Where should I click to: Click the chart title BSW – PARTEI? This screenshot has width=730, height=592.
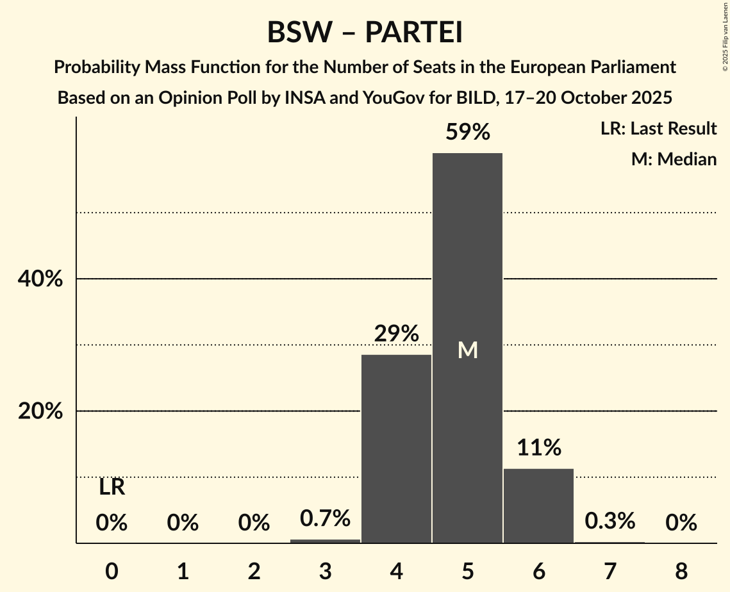pos(365,33)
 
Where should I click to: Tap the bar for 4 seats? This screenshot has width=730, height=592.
pos(396,448)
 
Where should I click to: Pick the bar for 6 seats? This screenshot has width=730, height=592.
pos(538,506)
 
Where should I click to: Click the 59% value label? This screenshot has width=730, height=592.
pos(468,133)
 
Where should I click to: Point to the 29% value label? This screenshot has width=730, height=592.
pos(397,334)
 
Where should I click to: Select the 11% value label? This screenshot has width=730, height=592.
pos(539,448)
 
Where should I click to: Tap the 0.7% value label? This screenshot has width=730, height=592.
pos(326,518)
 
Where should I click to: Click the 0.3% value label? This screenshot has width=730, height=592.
pos(610,521)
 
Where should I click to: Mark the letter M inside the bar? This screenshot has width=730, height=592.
pos(468,350)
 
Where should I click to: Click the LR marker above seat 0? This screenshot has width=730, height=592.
pos(112,488)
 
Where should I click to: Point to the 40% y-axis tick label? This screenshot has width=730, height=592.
pos(40,279)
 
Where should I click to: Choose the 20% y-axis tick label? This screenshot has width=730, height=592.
pos(40,411)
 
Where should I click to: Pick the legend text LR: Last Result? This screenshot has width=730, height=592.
pos(658,129)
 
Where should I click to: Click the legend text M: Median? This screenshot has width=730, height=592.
pos(674,159)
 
